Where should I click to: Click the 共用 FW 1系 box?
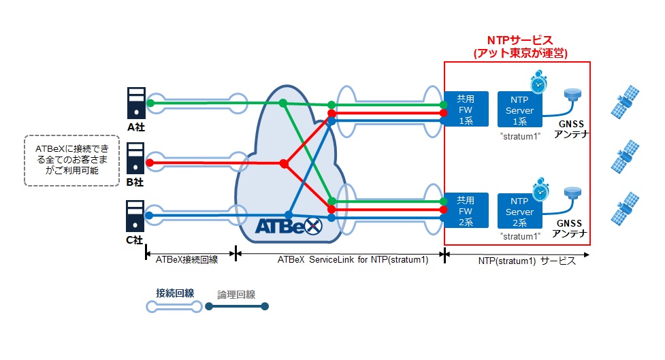click(x=466, y=110)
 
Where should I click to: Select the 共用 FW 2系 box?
click(x=466, y=211)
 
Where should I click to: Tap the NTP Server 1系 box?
click(x=519, y=110)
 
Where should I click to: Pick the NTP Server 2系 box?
click(x=519, y=211)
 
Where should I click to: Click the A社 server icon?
click(x=136, y=103)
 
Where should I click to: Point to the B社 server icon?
click(x=135, y=159)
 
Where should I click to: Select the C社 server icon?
click(x=135, y=216)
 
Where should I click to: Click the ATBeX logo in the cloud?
click(x=289, y=226)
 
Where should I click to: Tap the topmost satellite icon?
click(x=625, y=102)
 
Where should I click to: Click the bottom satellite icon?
click(x=625, y=209)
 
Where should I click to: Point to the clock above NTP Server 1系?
click(x=538, y=82)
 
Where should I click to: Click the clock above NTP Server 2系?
click(x=540, y=190)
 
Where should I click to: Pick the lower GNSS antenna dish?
click(x=572, y=193)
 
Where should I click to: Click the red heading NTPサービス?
click(x=520, y=40)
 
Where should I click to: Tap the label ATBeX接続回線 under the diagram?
click(x=186, y=259)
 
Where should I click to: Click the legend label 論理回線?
click(x=236, y=294)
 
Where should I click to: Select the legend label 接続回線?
click(x=175, y=293)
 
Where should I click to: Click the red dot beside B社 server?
click(x=149, y=163)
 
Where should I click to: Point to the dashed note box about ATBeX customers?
click(x=71, y=161)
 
